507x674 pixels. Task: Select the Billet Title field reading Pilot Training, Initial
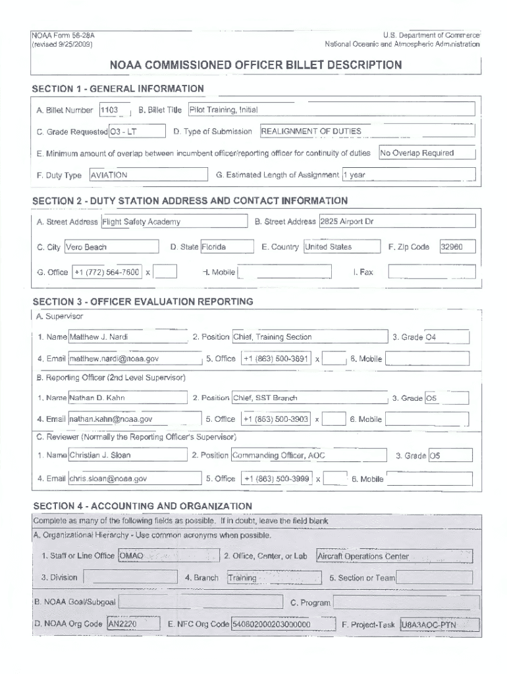click(331, 110)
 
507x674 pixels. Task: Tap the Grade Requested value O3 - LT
click(137, 132)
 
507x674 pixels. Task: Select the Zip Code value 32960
click(457, 247)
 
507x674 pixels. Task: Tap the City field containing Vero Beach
click(111, 247)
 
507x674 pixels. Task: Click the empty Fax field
click(431, 272)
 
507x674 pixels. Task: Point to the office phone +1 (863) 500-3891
click(276, 359)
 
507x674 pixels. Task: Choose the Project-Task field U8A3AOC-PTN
click(439, 625)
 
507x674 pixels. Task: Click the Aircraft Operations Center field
click(394, 556)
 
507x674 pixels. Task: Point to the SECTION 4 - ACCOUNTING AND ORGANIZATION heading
click(142, 505)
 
